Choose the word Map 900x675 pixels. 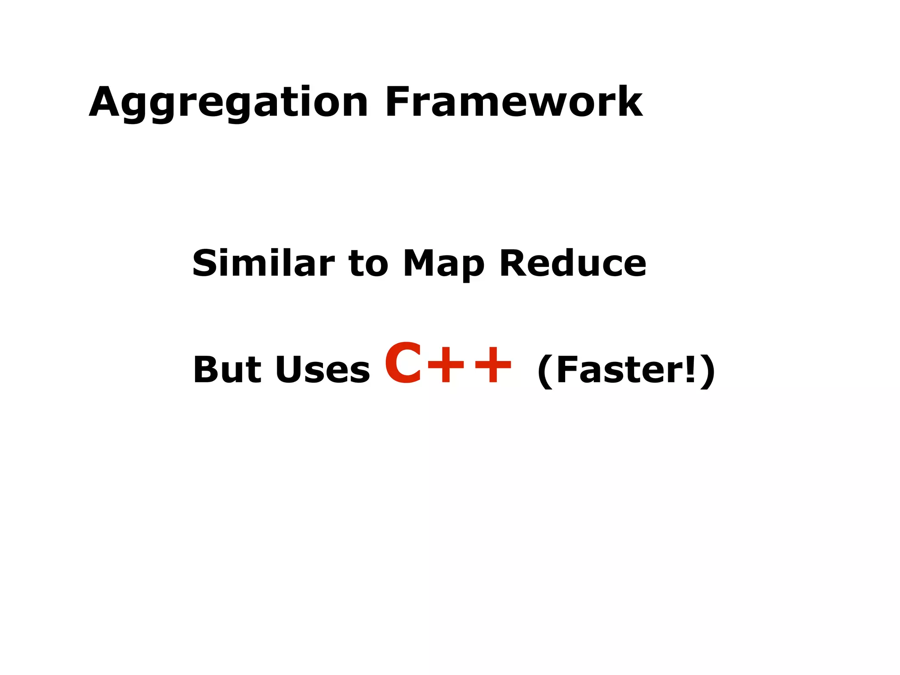(x=443, y=264)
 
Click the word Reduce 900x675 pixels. (x=573, y=263)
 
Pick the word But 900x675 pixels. (x=227, y=370)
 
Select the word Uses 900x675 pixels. (x=323, y=370)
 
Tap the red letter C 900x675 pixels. (x=403, y=364)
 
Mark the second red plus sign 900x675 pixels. (x=492, y=365)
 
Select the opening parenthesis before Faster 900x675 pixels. (x=545, y=372)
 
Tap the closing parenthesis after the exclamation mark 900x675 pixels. (x=708, y=372)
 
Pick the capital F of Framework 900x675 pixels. (x=398, y=102)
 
